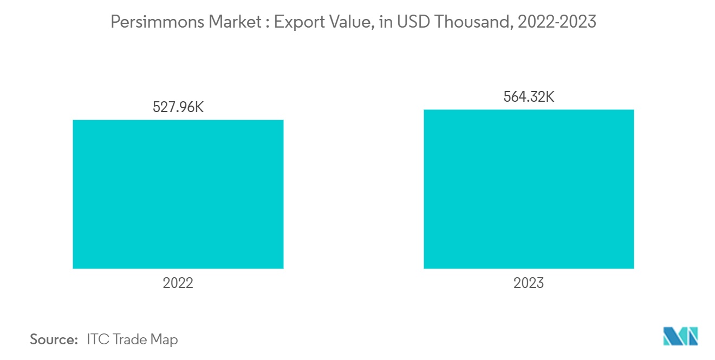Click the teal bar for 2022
[x=178, y=194]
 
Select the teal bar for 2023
[x=529, y=189]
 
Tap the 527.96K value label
[x=178, y=107]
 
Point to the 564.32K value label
[x=529, y=97]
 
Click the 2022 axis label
[x=178, y=283]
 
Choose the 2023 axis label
[x=529, y=283]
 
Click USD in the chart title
[x=412, y=22]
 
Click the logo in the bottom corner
[x=681, y=336]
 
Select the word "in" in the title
[x=385, y=22]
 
